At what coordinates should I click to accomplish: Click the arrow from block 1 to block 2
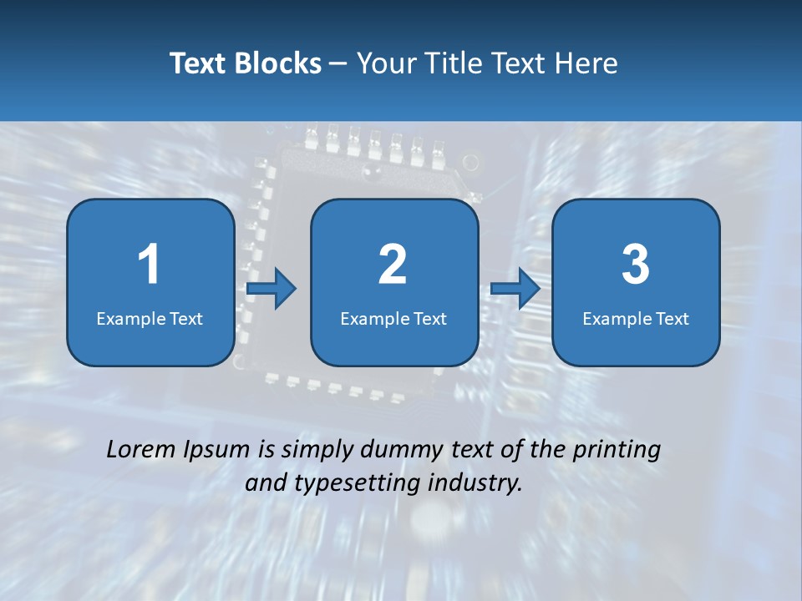coord(272,289)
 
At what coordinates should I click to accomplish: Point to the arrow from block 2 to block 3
coord(515,289)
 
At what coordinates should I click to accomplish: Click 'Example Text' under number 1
coord(150,318)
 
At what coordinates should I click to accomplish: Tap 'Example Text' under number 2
coord(393,318)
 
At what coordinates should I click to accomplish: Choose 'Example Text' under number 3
coord(636,318)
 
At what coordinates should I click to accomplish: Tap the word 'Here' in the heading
coord(587,63)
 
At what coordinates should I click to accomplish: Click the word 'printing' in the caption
coord(617,451)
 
